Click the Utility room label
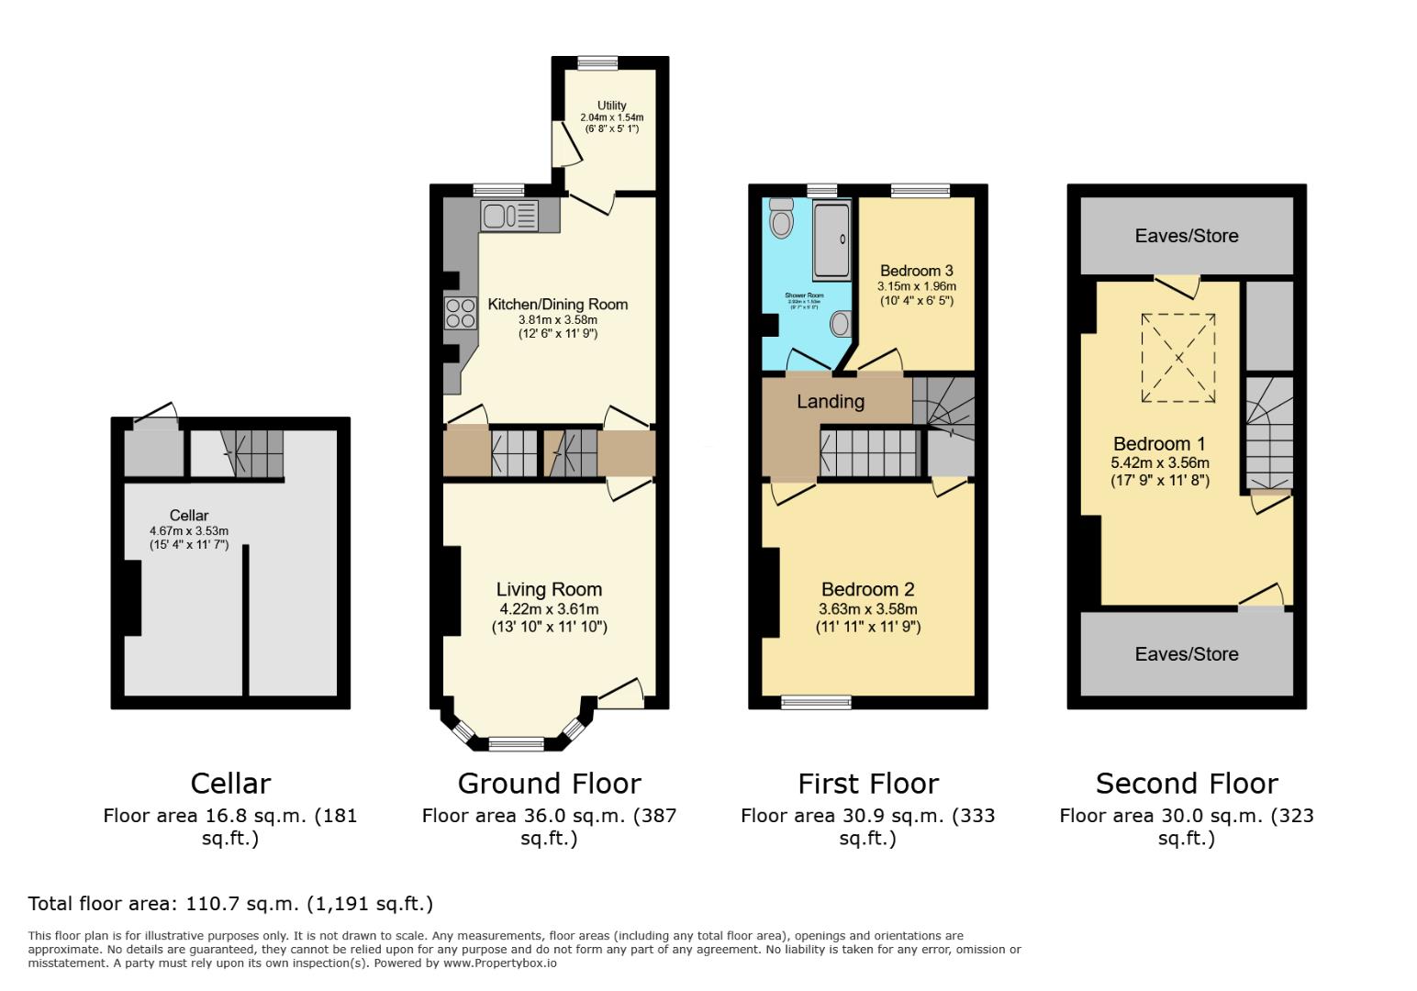click(611, 106)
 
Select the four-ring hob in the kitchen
click(461, 314)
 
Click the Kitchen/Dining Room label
click(557, 305)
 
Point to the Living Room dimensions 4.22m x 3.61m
click(549, 609)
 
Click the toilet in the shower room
click(781, 217)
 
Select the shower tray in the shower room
click(832, 241)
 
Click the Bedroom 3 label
click(916, 271)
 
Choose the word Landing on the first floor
click(830, 401)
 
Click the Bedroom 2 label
click(867, 590)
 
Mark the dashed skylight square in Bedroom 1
click(1177, 358)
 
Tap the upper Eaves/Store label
click(1186, 236)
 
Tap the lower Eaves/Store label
click(1186, 654)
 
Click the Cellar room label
click(188, 516)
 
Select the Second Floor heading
click(1186, 784)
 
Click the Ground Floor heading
click(549, 784)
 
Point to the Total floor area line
click(230, 904)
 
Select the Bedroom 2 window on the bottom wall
click(816, 703)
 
